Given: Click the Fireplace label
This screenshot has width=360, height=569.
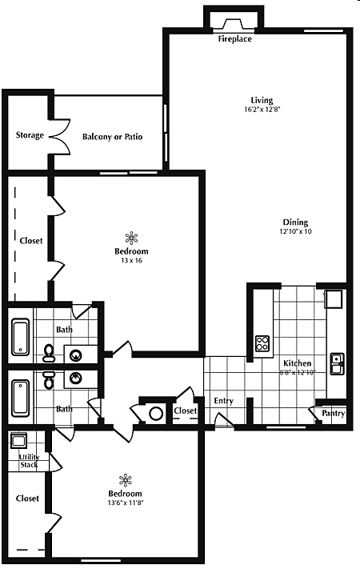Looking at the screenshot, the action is pos(234,39).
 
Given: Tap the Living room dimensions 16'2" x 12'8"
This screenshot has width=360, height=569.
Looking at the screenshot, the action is pos(262,109).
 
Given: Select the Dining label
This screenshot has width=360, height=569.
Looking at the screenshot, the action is pos(295,222).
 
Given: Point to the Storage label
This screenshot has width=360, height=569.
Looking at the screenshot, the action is pos(30,135).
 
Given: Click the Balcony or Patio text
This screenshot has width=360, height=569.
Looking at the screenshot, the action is pos(112,137).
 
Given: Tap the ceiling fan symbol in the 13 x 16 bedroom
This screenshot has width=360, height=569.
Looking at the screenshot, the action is pos(131,238).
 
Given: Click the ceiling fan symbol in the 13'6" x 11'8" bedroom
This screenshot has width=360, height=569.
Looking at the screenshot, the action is pos(126,480).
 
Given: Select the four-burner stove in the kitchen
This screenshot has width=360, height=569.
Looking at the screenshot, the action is pos(262,343).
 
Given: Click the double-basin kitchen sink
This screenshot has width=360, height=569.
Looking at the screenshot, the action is pos(337,363).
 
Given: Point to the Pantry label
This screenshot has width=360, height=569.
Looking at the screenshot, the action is pos(333,413).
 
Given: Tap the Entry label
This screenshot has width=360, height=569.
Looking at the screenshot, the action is pos(223,401).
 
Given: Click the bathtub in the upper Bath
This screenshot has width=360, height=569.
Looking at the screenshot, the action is pos(20,337).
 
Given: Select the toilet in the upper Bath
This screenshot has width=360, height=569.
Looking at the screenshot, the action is pos(48,353).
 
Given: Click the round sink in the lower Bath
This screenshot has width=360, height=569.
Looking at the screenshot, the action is pos(75,379).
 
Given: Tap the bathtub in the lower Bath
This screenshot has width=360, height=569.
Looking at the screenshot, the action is pos(20,398).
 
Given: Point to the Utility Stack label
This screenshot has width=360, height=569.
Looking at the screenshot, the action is pos(29,461).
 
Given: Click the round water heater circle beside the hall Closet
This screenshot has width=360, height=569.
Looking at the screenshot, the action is pos(157,414).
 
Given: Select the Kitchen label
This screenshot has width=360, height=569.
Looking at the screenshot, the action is pos(298,363).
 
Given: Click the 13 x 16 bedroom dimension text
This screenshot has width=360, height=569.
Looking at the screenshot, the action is pos(131,260).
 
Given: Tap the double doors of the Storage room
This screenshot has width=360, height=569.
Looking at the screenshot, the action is pos(59,137).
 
